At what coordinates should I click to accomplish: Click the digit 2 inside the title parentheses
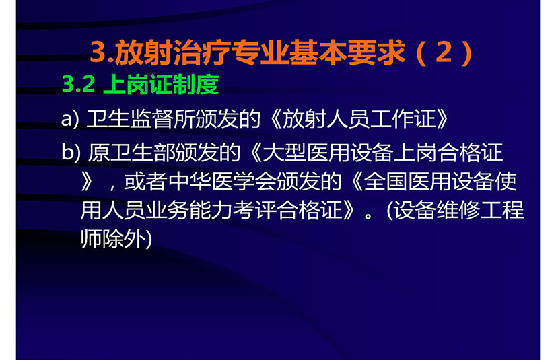(x=444, y=52)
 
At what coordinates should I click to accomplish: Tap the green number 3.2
(x=79, y=84)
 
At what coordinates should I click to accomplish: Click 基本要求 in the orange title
(x=347, y=52)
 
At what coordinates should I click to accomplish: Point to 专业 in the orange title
(x=260, y=52)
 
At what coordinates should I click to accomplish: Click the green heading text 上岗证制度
(x=161, y=84)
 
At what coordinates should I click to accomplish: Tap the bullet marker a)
(x=70, y=119)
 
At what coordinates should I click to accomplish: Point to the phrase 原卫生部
(x=131, y=152)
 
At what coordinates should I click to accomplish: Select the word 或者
(x=145, y=182)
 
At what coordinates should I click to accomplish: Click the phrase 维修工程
(x=480, y=210)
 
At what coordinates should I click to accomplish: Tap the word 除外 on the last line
(x=125, y=239)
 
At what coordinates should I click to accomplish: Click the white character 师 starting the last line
(x=92, y=239)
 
